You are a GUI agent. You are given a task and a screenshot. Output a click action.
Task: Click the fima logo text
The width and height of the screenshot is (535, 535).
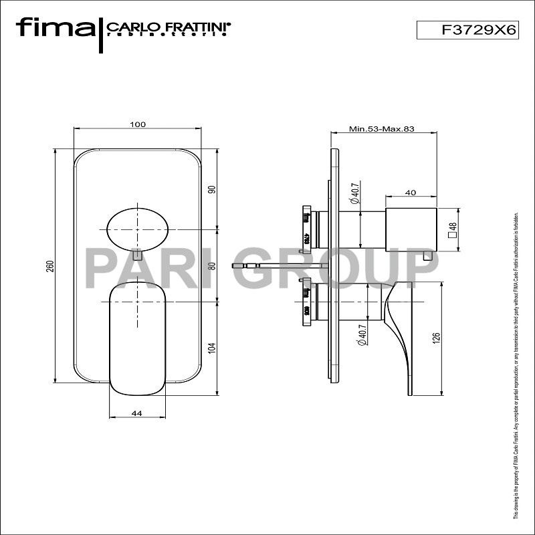point(56,28)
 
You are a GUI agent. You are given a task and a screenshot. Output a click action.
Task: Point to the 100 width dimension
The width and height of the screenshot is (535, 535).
point(138,124)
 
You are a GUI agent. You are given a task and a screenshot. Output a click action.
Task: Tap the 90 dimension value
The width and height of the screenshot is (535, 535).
point(212,189)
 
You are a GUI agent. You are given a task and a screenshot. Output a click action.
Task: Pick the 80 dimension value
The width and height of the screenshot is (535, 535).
point(212,265)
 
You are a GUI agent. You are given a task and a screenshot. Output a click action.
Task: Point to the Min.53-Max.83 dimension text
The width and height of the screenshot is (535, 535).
point(381,129)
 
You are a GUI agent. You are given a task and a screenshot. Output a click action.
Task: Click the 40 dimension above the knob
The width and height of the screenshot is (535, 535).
point(411,193)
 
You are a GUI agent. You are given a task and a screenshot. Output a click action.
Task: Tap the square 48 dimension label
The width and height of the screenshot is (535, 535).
point(452,230)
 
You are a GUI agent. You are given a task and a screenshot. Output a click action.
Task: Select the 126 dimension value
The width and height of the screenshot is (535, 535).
point(436,338)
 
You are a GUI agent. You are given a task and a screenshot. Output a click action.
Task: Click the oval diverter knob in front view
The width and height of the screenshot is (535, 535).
point(137,228)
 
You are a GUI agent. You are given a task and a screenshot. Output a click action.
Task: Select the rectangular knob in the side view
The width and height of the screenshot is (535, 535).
point(411,229)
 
